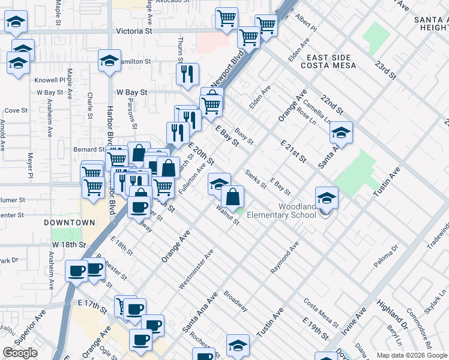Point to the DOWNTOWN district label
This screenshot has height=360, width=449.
[x=70, y=223]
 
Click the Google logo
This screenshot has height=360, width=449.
[x=20, y=353]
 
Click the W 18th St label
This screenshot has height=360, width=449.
[x=69, y=245]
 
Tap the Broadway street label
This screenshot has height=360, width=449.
[x=235, y=301]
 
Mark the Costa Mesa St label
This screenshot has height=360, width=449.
[x=321, y=310]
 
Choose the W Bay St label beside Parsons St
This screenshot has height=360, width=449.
[x=132, y=92]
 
